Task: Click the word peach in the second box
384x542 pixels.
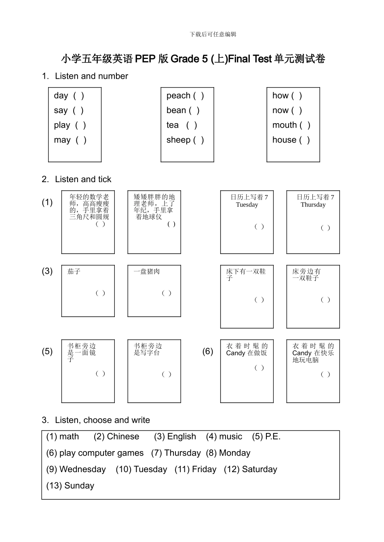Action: [178, 96]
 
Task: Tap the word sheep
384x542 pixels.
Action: [178, 140]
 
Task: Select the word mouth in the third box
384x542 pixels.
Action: [285, 125]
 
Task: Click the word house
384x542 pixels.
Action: [284, 140]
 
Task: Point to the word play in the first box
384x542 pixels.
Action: [62, 125]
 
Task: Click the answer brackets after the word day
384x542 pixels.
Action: [79, 96]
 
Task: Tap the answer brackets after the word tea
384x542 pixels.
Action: [192, 125]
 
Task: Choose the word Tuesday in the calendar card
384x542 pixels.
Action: [247, 205]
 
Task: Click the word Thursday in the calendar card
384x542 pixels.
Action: [313, 205]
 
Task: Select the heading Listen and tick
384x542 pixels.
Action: [83, 179]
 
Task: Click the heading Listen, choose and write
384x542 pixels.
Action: [102, 420]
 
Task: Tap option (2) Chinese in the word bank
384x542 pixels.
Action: [116, 437]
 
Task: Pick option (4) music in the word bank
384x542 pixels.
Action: [224, 437]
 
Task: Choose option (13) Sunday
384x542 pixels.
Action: [70, 486]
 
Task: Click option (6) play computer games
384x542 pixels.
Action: [95, 453]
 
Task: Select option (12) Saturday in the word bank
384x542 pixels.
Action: [251, 469]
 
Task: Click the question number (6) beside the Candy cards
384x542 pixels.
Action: [208, 351]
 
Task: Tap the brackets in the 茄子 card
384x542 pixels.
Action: [101, 293]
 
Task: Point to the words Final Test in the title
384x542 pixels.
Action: [250, 59]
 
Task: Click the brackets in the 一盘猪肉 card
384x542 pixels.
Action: [167, 293]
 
